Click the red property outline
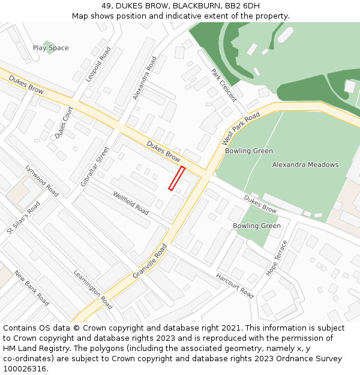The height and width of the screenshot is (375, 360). tap(176, 178)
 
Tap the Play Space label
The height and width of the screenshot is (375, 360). tap(50, 48)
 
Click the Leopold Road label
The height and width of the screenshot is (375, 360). tap(98, 65)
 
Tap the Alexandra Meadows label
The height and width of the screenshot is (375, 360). tap(305, 164)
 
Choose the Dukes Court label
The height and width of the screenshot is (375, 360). tap(64, 123)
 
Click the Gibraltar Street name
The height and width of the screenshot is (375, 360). tap(95, 166)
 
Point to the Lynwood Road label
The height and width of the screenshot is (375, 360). tap(42, 181)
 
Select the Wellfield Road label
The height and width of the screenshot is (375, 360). tap(130, 203)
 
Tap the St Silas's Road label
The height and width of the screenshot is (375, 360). tap(23, 218)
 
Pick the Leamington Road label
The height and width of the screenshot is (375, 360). tap(93, 289)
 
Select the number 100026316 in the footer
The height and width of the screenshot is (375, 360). tap(25, 368)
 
